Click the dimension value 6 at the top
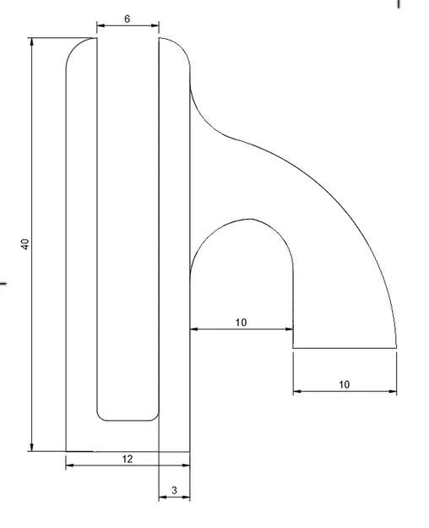(127, 18)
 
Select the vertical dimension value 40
(25, 244)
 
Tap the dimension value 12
(128, 459)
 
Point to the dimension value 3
(174, 489)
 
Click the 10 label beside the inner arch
(242, 322)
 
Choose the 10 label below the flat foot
(344, 384)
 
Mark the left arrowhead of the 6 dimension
(100, 25)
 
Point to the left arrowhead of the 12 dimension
(70, 464)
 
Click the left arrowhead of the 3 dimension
(163, 498)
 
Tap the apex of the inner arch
(248, 220)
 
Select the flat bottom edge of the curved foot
(344, 347)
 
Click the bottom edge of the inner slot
(128, 420)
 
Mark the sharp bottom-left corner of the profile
(66, 451)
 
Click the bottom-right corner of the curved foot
(395, 347)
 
